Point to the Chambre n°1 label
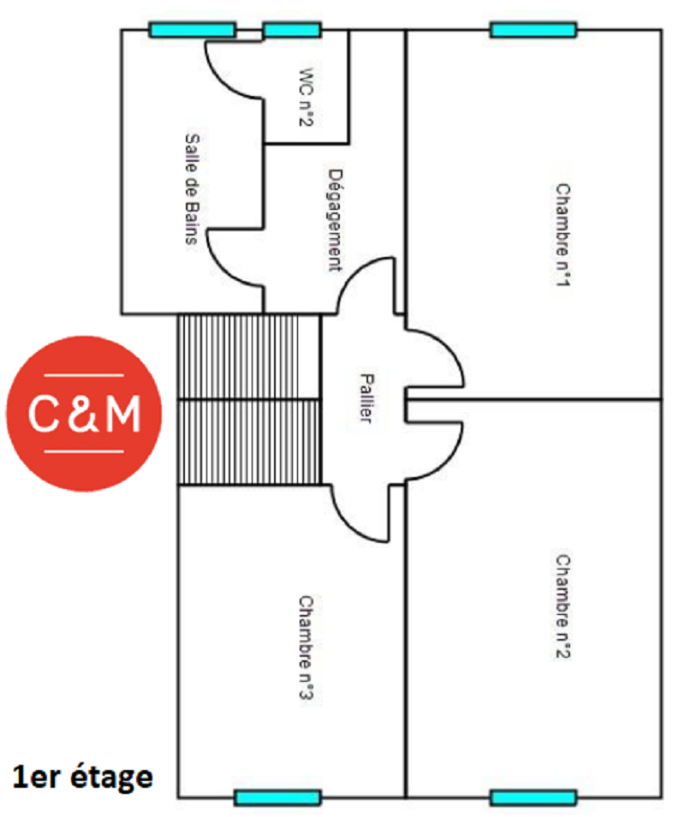(562, 235)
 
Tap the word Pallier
(366, 399)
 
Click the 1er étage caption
(83, 777)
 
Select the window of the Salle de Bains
(193, 30)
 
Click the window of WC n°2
(292, 30)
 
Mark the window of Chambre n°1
(533, 30)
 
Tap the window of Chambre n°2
(533, 797)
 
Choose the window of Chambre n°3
(277, 797)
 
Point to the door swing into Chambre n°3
(360, 514)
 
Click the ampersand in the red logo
(83, 414)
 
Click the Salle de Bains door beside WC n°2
(235, 69)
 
